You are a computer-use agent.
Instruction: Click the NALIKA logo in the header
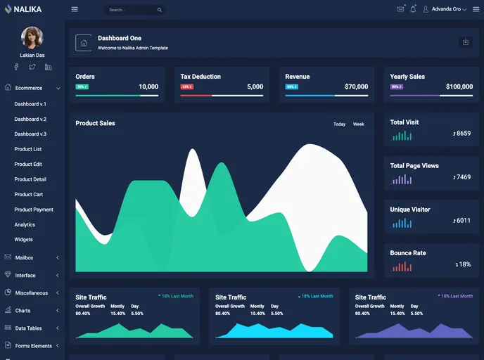tap(23, 9)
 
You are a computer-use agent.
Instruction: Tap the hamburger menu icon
tap(75, 9)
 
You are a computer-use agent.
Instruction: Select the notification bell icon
tap(413, 9)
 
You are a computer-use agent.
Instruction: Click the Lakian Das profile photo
tap(32, 37)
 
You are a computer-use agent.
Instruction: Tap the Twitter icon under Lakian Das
tap(32, 67)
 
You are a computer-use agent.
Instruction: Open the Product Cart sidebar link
tap(29, 195)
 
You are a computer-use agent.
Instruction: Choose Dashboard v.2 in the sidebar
tap(30, 119)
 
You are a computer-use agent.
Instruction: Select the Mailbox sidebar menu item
tap(25, 258)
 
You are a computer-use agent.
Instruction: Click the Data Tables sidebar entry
tap(29, 328)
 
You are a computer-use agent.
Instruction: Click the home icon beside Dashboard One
tap(84, 43)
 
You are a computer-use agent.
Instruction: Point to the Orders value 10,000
tap(148, 87)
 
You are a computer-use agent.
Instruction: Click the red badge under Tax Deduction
tap(186, 87)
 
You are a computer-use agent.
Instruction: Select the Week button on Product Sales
tap(358, 124)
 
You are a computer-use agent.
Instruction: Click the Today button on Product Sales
tap(339, 124)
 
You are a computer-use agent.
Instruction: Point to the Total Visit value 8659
tap(462, 134)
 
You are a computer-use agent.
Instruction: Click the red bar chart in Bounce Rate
tap(401, 266)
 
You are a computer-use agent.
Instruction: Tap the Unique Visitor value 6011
tap(462, 221)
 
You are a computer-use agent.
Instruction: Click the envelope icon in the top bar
tap(400, 9)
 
